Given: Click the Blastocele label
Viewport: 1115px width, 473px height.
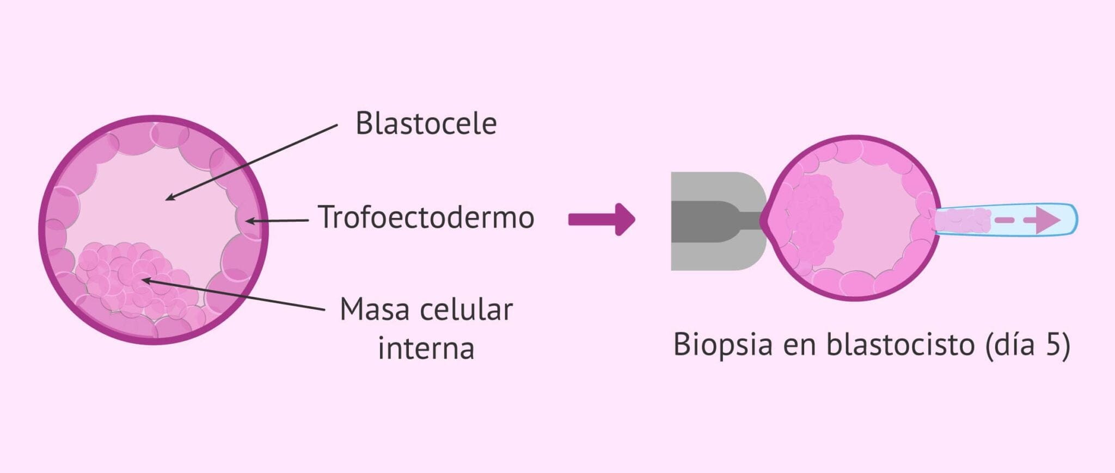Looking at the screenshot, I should [x=426, y=124].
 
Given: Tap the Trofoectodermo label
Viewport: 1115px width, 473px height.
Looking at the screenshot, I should [x=426, y=217].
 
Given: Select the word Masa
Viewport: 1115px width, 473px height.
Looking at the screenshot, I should [x=371, y=310].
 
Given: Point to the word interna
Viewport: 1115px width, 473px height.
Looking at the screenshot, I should [x=426, y=348].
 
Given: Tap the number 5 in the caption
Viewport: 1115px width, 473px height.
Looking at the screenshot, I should [x=1053, y=345].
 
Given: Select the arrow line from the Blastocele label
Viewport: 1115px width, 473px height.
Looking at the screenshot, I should [x=250, y=162].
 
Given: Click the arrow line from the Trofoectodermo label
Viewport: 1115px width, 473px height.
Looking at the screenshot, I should [x=278, y=220].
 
